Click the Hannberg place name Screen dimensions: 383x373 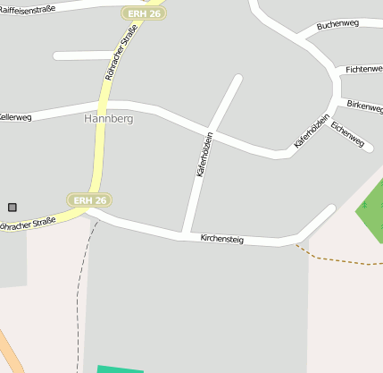[x=108, y=118]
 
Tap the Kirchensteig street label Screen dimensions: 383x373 [x=222, y=239]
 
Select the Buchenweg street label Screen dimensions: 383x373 [x=337, y=24]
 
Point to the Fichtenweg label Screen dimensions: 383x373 [x=362, y=69]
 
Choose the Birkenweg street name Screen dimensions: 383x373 [x=364, y=105]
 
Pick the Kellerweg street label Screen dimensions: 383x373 [x=15, y=116]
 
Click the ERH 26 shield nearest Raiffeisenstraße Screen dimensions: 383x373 [x=143, y=13]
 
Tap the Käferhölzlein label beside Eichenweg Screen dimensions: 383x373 [x=312, y=131]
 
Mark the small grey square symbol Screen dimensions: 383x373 [x=12, y=207]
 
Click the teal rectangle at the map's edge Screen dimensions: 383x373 [x=120, y=369]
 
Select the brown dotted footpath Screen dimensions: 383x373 [x=339, y=259]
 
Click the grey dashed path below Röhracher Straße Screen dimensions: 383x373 [x=87, y=268]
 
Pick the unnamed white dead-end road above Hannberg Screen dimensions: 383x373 [x=86, y=55]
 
